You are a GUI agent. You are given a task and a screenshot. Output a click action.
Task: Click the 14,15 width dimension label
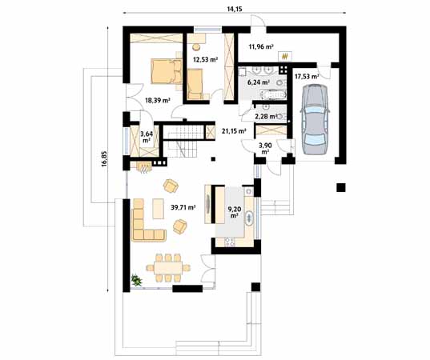pos(235,9)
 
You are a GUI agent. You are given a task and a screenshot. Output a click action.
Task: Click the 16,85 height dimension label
pos(104,159)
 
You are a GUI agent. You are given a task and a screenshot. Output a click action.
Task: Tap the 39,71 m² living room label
pos(183,207)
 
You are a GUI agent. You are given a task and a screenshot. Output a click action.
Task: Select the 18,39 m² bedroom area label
pos(158,100)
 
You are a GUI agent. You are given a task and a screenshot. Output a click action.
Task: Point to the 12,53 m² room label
pos(206,59)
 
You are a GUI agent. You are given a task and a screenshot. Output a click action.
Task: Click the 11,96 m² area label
pos(261,46)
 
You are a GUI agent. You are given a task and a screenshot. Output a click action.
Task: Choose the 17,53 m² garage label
pos(307,77)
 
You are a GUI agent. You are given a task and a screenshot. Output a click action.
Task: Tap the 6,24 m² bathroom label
pos(259,82)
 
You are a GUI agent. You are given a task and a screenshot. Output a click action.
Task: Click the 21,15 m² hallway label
pos(234,131)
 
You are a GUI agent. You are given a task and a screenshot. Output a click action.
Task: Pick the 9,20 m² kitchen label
pos(235,212)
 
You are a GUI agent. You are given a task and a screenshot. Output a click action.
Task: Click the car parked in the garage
pos(315,120)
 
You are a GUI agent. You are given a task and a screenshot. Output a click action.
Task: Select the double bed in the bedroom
pos(167,71)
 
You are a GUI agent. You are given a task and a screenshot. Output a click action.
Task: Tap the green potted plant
pos(136,280)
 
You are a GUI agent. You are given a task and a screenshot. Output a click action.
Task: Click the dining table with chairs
pos(168,268)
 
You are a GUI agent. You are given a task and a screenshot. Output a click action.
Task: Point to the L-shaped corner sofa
pos(146,222)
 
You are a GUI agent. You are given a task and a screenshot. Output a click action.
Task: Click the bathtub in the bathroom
pos(272,94)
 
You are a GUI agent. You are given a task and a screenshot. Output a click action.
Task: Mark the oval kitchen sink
pos(249,218)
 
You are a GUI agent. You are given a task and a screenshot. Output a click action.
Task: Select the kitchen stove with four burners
pos(229,242)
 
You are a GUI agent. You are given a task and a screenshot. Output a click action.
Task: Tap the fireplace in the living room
pos(144,167)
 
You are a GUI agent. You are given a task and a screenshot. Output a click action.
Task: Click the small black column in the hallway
pos(213,158)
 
